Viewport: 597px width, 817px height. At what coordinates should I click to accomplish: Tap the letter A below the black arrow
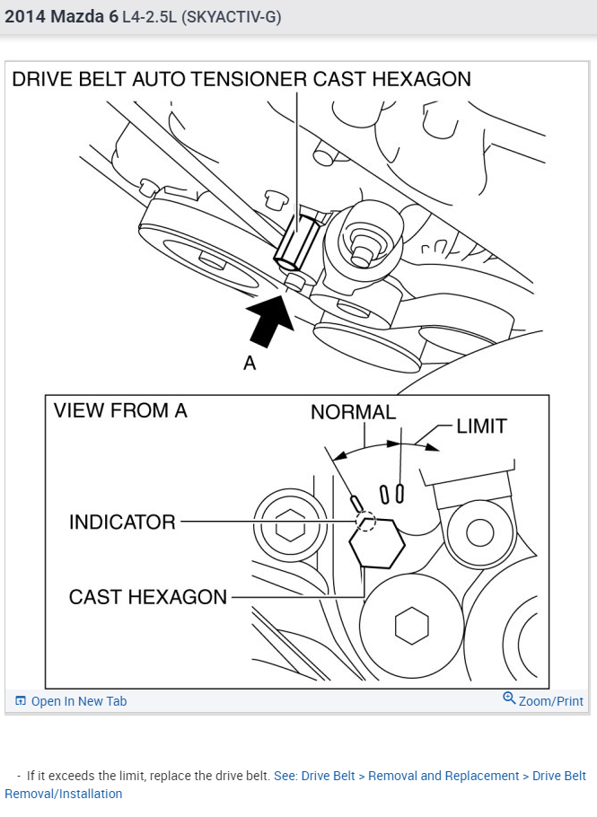(250, 364)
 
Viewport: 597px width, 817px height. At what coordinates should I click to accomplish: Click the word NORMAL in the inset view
(353, 412)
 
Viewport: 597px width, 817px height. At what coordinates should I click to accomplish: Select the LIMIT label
(481, 426)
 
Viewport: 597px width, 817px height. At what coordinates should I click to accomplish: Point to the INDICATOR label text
(122, 522)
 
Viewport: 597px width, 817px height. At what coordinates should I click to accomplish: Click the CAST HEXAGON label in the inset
(148, 596)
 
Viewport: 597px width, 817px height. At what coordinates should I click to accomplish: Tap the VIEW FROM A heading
(120, 411)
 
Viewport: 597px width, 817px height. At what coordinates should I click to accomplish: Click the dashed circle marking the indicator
(365, 520)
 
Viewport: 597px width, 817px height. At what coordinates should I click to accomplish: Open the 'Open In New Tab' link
(79, 701)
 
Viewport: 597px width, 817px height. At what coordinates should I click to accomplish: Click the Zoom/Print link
(550, 701)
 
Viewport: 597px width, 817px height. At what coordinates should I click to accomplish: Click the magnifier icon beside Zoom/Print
(509, 698)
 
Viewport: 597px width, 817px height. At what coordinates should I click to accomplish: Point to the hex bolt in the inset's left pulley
(289, 528)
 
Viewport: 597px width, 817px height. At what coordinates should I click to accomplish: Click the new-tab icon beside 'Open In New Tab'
(21, 701)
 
